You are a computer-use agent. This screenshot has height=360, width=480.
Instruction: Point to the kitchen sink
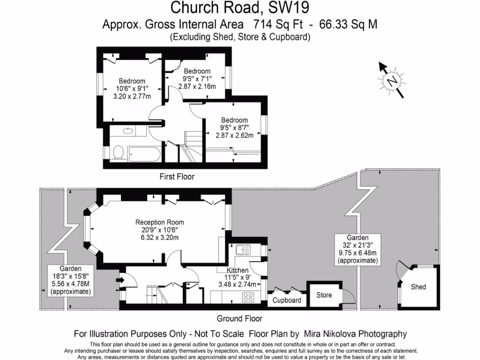(243, 249)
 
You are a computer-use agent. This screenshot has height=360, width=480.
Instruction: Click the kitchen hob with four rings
(247, 297)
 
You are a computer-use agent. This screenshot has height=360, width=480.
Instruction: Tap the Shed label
(418, 286)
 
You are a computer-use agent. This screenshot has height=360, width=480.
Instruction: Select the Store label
(324, 295)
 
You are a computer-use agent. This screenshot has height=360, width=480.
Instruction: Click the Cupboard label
(287, 300)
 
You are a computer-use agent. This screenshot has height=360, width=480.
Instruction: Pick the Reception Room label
(159, 222)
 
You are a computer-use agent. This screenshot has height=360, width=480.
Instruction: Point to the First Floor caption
(177, 177)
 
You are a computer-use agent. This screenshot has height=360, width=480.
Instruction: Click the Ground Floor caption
(239, 318)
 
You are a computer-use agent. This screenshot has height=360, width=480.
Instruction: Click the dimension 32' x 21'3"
(357, 245)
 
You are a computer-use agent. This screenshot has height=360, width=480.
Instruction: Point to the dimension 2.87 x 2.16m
(197, 86)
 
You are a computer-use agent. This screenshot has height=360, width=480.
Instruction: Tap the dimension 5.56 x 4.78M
(71, 285)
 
